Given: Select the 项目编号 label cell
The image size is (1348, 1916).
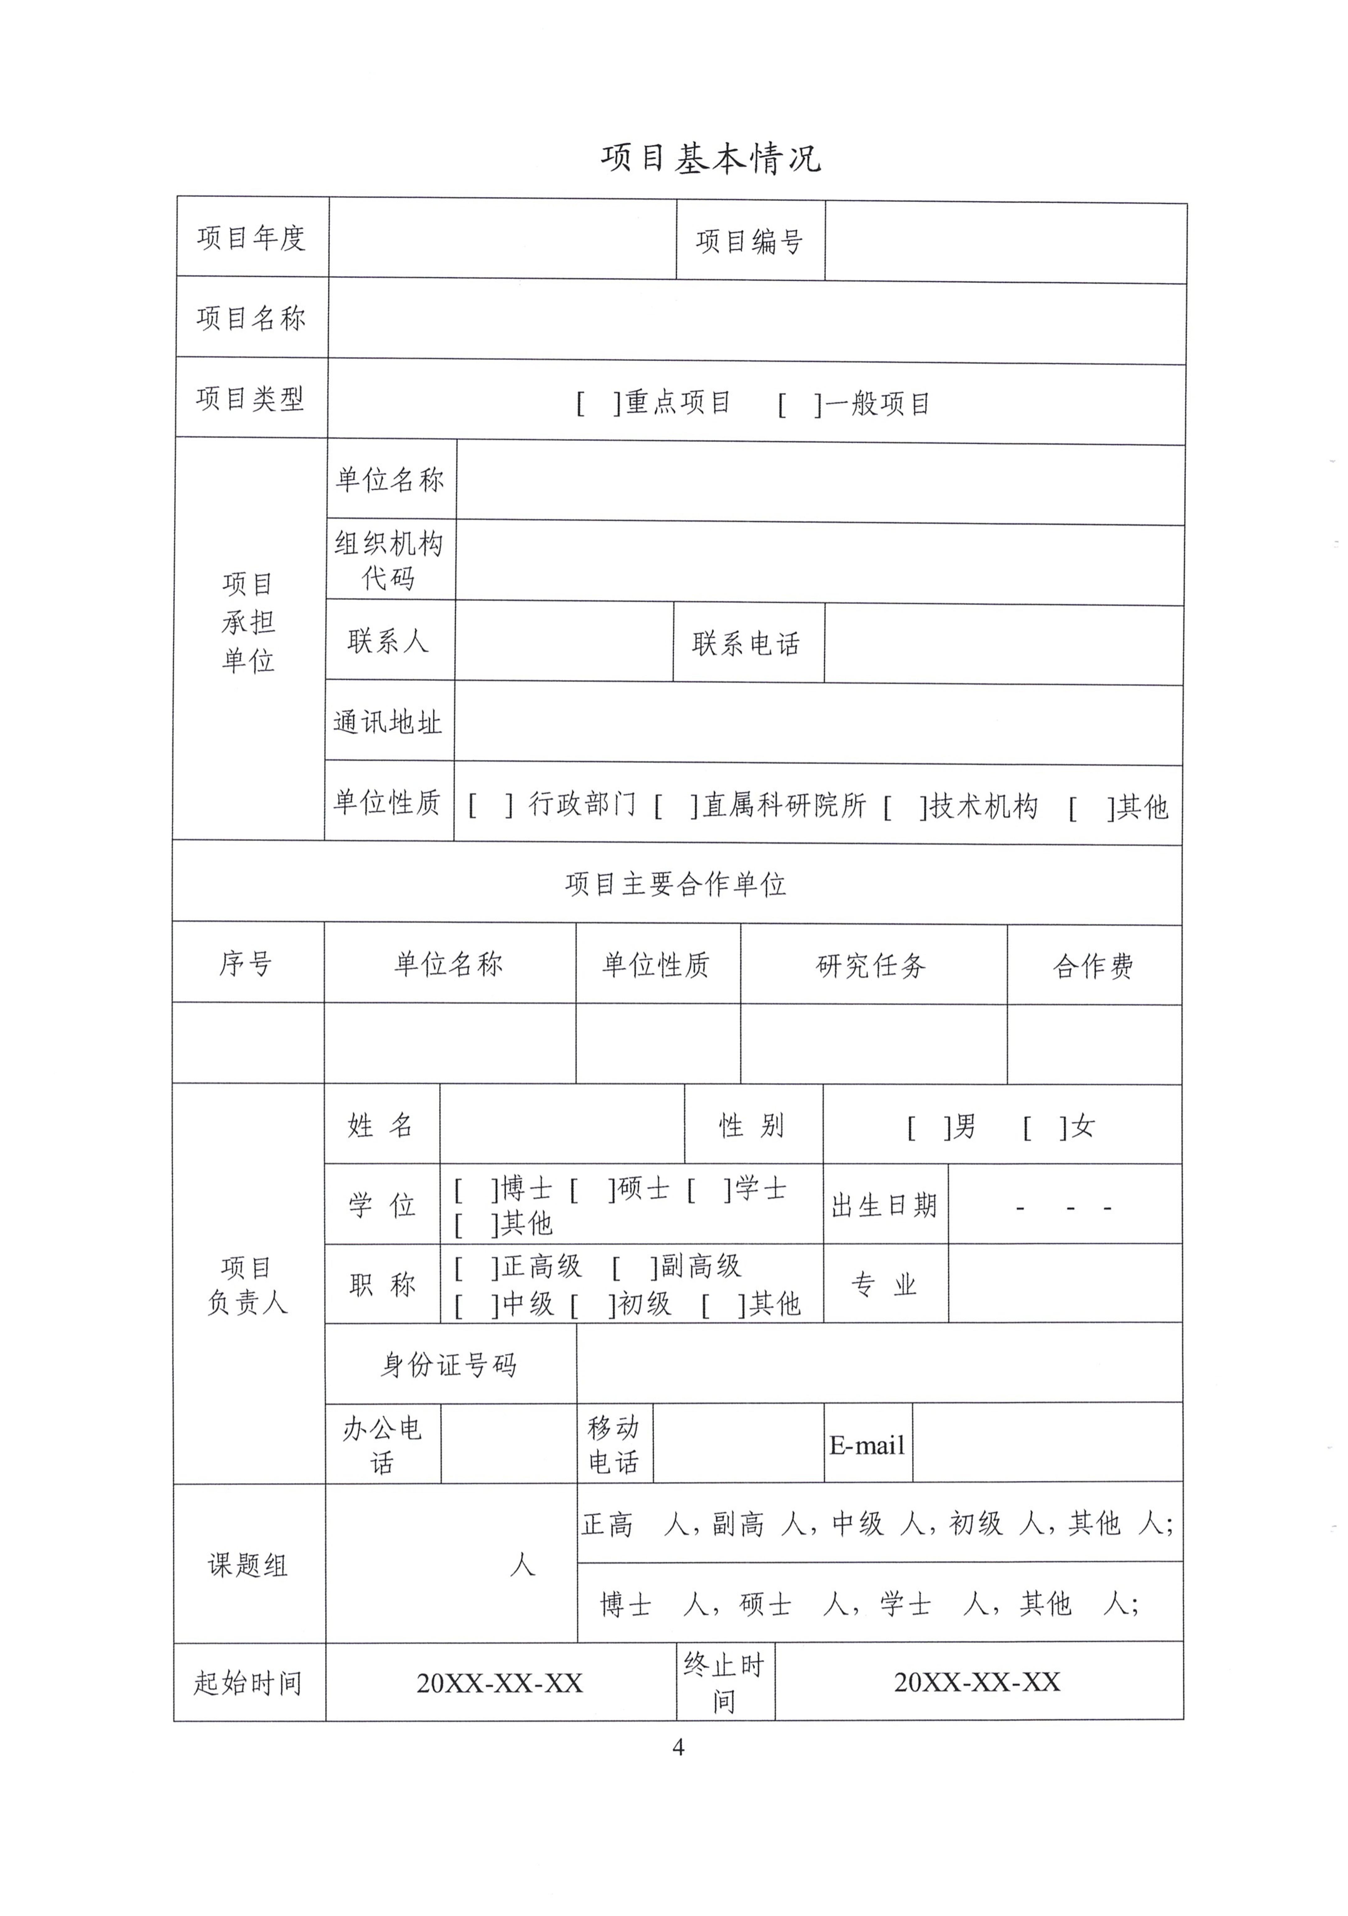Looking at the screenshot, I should pos(749,241).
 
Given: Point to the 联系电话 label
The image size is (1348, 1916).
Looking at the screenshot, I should pos(747,643).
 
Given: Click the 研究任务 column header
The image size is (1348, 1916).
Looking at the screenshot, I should pos(872,966).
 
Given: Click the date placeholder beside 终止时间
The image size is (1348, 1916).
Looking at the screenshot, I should pos(977,1682).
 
